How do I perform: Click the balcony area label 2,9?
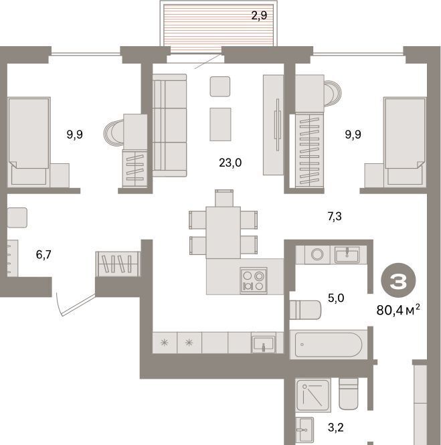[x=259, y=15]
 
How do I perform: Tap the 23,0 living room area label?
[x=230, y=163]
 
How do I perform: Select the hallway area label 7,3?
[x=335, y=217]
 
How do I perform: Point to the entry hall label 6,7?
[x=43, y=254]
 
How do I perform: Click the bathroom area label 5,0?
[x=336, y=298]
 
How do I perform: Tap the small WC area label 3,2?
[x=336, y=427]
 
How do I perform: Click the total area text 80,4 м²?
[x=398, y=310]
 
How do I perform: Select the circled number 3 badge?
[x=398, y=282]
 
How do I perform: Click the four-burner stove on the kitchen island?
[x=254, y=280]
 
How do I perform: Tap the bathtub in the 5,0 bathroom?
[x=329, y=345]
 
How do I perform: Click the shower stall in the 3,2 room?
[x=313, y=395]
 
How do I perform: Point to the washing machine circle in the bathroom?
[x=317, y=254]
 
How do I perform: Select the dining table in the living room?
[x=224, y=232]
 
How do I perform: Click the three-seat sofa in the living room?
[x=169, y=125]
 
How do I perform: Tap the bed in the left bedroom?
[x=29, y=142]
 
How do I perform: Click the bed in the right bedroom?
[x=405, y=142]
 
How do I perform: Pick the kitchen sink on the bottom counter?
[x=264, y=344]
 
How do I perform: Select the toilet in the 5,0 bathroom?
[x=305, y=310]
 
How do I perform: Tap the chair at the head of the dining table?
[x=224, y=198]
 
